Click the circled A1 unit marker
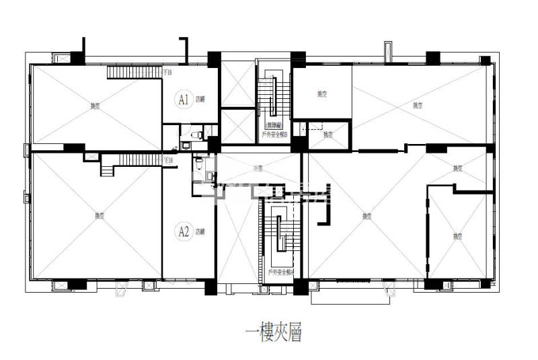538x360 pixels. tap(182, 100)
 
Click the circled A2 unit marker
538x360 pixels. tap(182, 232)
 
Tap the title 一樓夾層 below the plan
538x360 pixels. tap(272, 332)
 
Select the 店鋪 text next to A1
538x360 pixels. tap(200, 100)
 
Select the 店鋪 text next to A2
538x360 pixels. tap(200, 232)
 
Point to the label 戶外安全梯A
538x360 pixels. tap(280, 273)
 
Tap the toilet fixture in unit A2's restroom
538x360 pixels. tap(198, 161)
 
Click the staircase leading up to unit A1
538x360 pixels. tap(134, 71)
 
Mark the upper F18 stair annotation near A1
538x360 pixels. tap(168, 71)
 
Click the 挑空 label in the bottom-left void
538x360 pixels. tap(99, 215)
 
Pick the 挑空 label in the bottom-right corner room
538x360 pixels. tap(458, 236)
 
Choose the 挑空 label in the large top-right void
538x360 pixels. tap(418, 104)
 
